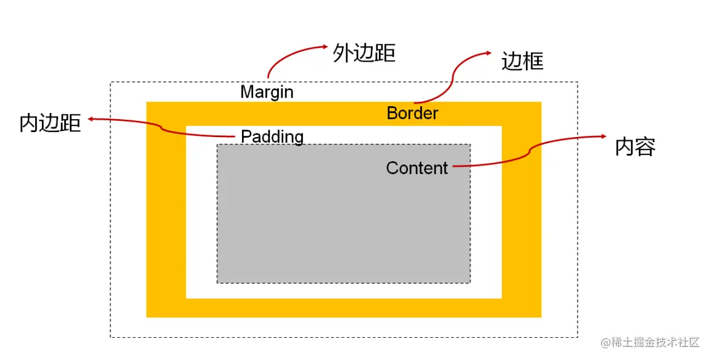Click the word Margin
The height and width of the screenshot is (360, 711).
[267, 92]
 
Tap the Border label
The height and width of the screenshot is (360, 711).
[412, 113]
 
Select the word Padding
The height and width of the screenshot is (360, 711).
[272, 136]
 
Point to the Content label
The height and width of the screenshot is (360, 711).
[417, 168]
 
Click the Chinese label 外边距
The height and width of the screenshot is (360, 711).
[364, 54]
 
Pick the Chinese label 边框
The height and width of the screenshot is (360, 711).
[522, 61]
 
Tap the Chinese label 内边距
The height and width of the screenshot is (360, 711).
[50, 123]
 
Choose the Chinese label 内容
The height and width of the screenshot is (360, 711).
[635, 146]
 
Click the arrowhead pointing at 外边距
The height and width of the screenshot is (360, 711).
[325, 46]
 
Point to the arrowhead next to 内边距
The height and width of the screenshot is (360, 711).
[91, 119]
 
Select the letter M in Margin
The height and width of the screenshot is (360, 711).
[247, 92]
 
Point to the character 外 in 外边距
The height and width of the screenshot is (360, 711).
[343, 54]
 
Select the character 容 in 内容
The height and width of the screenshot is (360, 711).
[646, 146]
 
